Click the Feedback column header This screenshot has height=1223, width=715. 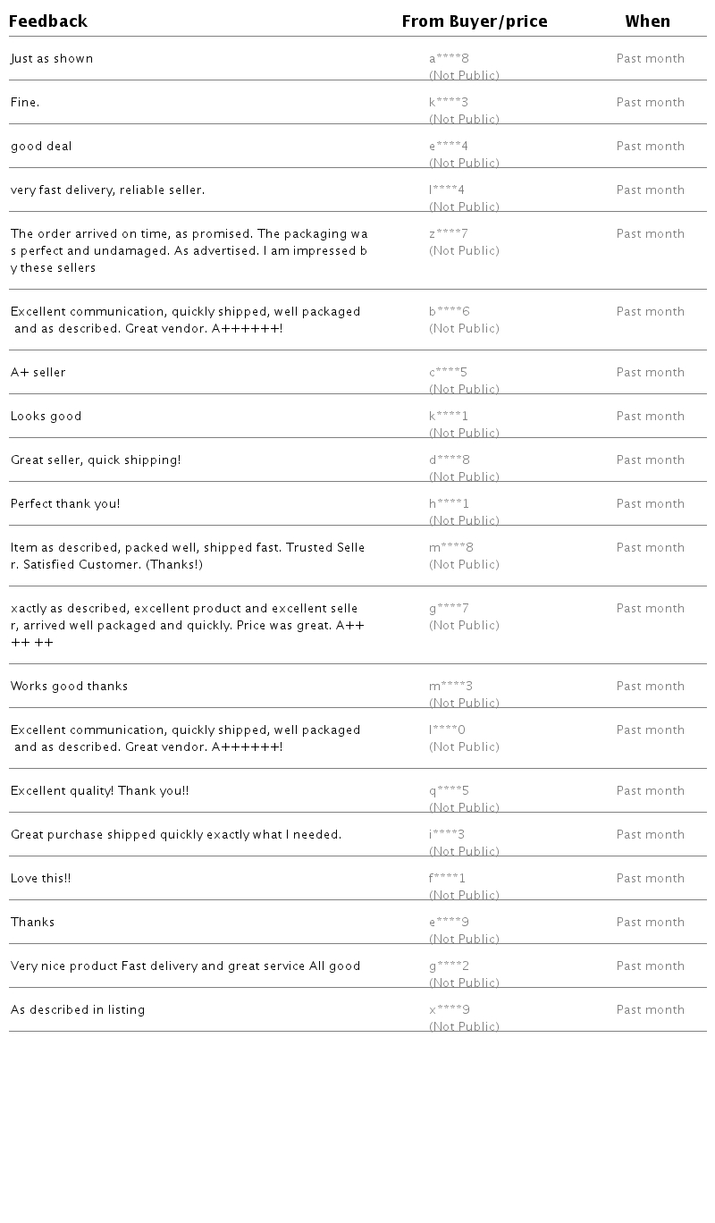click(x=48, y=21)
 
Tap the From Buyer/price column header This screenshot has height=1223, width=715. click(x=475, y=21)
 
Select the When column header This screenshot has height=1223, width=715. click(x=648, y=21)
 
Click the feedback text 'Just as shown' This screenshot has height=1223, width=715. click(x=52, y=59)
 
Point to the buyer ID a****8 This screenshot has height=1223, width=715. click(x=449, y=59)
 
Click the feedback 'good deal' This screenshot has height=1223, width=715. click(x=41, y=147)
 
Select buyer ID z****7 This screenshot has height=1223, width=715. click(x=449, y=234)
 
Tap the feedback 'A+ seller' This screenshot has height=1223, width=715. click(x=38, y=373)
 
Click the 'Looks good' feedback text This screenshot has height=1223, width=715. click(x=46, y=417)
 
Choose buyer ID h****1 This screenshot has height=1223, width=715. click(x=449, y=504)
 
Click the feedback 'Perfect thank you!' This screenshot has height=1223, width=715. click(x=65, y=504)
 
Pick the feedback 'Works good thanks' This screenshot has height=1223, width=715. click(x=70, y=687)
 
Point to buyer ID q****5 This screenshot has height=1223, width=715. click(x=449, y=791)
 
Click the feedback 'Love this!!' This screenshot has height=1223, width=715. click(x=41, y=879)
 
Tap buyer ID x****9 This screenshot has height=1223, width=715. click(x=450, y=1010)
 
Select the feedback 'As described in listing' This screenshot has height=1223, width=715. click(x=78, y=1010)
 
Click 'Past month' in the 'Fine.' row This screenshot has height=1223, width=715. click(x=651, y=103)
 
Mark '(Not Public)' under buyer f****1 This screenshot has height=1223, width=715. click(x=464, y=895)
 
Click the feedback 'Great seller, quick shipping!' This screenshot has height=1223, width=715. click(x=96, y=460)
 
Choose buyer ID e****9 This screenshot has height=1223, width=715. click(x=449, y=923)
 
